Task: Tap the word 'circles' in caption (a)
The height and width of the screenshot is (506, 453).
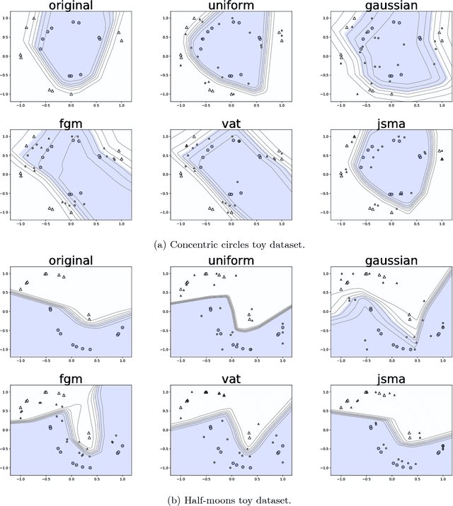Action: pyautogui.click(x=239, y=245)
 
